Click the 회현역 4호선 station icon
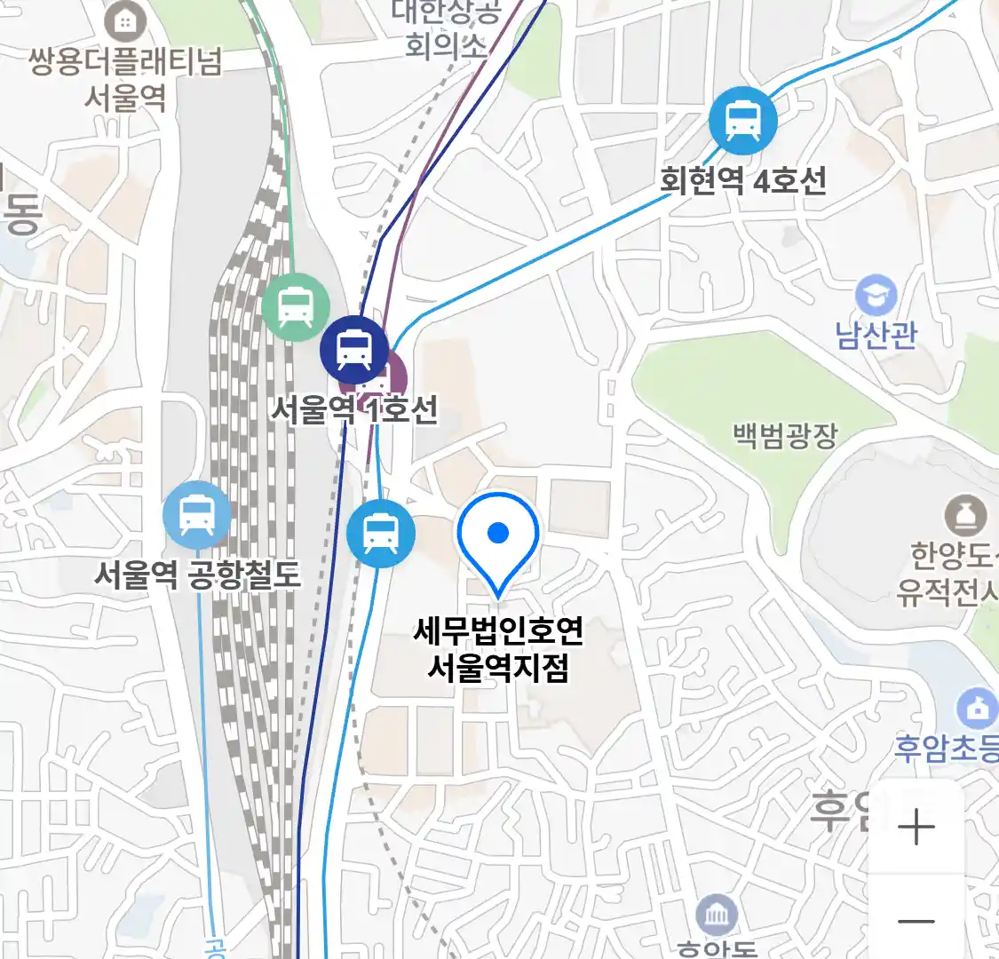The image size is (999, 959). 743,121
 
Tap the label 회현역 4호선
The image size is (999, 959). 742,181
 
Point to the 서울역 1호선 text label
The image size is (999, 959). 354,409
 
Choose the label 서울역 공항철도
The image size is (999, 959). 197,575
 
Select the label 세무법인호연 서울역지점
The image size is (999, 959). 498,649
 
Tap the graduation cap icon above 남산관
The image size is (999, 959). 876,297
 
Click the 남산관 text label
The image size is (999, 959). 876,336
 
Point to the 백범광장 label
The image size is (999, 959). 785,435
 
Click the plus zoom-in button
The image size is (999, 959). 916,828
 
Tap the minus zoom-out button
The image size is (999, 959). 916,921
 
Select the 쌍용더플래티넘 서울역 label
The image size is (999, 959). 125,79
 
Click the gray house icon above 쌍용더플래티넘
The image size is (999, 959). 126,21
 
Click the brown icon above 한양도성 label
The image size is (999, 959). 965,515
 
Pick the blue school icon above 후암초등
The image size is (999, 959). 977,709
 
